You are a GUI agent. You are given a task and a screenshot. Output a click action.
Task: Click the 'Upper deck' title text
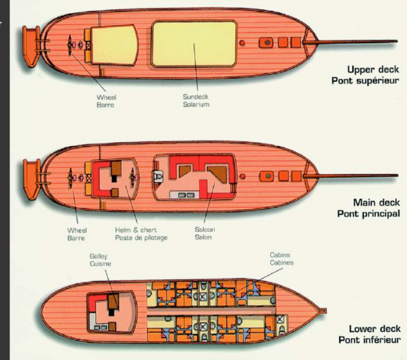click(373, 69)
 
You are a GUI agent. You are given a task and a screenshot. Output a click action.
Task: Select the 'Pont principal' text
click(369, 214)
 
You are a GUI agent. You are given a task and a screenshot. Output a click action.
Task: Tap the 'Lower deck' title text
click(375, 329)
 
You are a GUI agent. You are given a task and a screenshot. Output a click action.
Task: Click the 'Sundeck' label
click(196, 97)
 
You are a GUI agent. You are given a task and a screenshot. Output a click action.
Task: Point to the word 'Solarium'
click(196, 104)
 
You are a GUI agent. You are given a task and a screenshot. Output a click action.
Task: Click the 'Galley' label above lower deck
click(98, 256)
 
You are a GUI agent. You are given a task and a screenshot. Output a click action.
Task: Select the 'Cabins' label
click(280, 255)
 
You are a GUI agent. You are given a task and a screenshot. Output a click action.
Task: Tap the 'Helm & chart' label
click(136, 230)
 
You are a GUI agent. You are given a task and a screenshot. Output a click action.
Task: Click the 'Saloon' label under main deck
click(205, 230)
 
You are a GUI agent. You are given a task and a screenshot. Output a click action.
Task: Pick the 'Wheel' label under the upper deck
click(106, 97)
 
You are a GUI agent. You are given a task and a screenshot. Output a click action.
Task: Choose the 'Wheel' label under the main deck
click(77, 230)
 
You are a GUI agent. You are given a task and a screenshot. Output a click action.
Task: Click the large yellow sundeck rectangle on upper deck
click(194, 44)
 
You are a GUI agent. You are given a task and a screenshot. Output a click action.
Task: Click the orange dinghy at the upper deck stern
click(31, 47)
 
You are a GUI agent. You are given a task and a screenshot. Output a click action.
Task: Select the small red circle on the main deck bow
click(243, 176)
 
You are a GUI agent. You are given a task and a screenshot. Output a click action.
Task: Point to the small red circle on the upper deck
click(242, 43)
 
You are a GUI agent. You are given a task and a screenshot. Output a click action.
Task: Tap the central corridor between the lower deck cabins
click(211, 311)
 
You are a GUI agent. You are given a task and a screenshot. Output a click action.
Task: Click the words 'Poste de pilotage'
click(141, 238)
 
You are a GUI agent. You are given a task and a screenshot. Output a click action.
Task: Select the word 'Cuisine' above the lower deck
click(100, 264)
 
